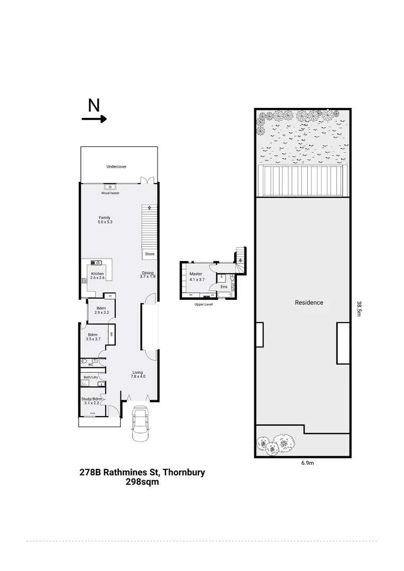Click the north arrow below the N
94,119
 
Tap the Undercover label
116,167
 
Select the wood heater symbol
111,187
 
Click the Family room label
105,220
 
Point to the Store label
150,254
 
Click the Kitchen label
97,275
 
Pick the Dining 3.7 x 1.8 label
148,274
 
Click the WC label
90,364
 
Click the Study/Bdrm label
91,401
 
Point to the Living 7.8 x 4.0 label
138,374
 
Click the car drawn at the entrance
141,422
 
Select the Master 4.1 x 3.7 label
197,277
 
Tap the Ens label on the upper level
224,287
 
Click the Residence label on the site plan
309,302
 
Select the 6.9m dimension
308,463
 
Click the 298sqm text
142,482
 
